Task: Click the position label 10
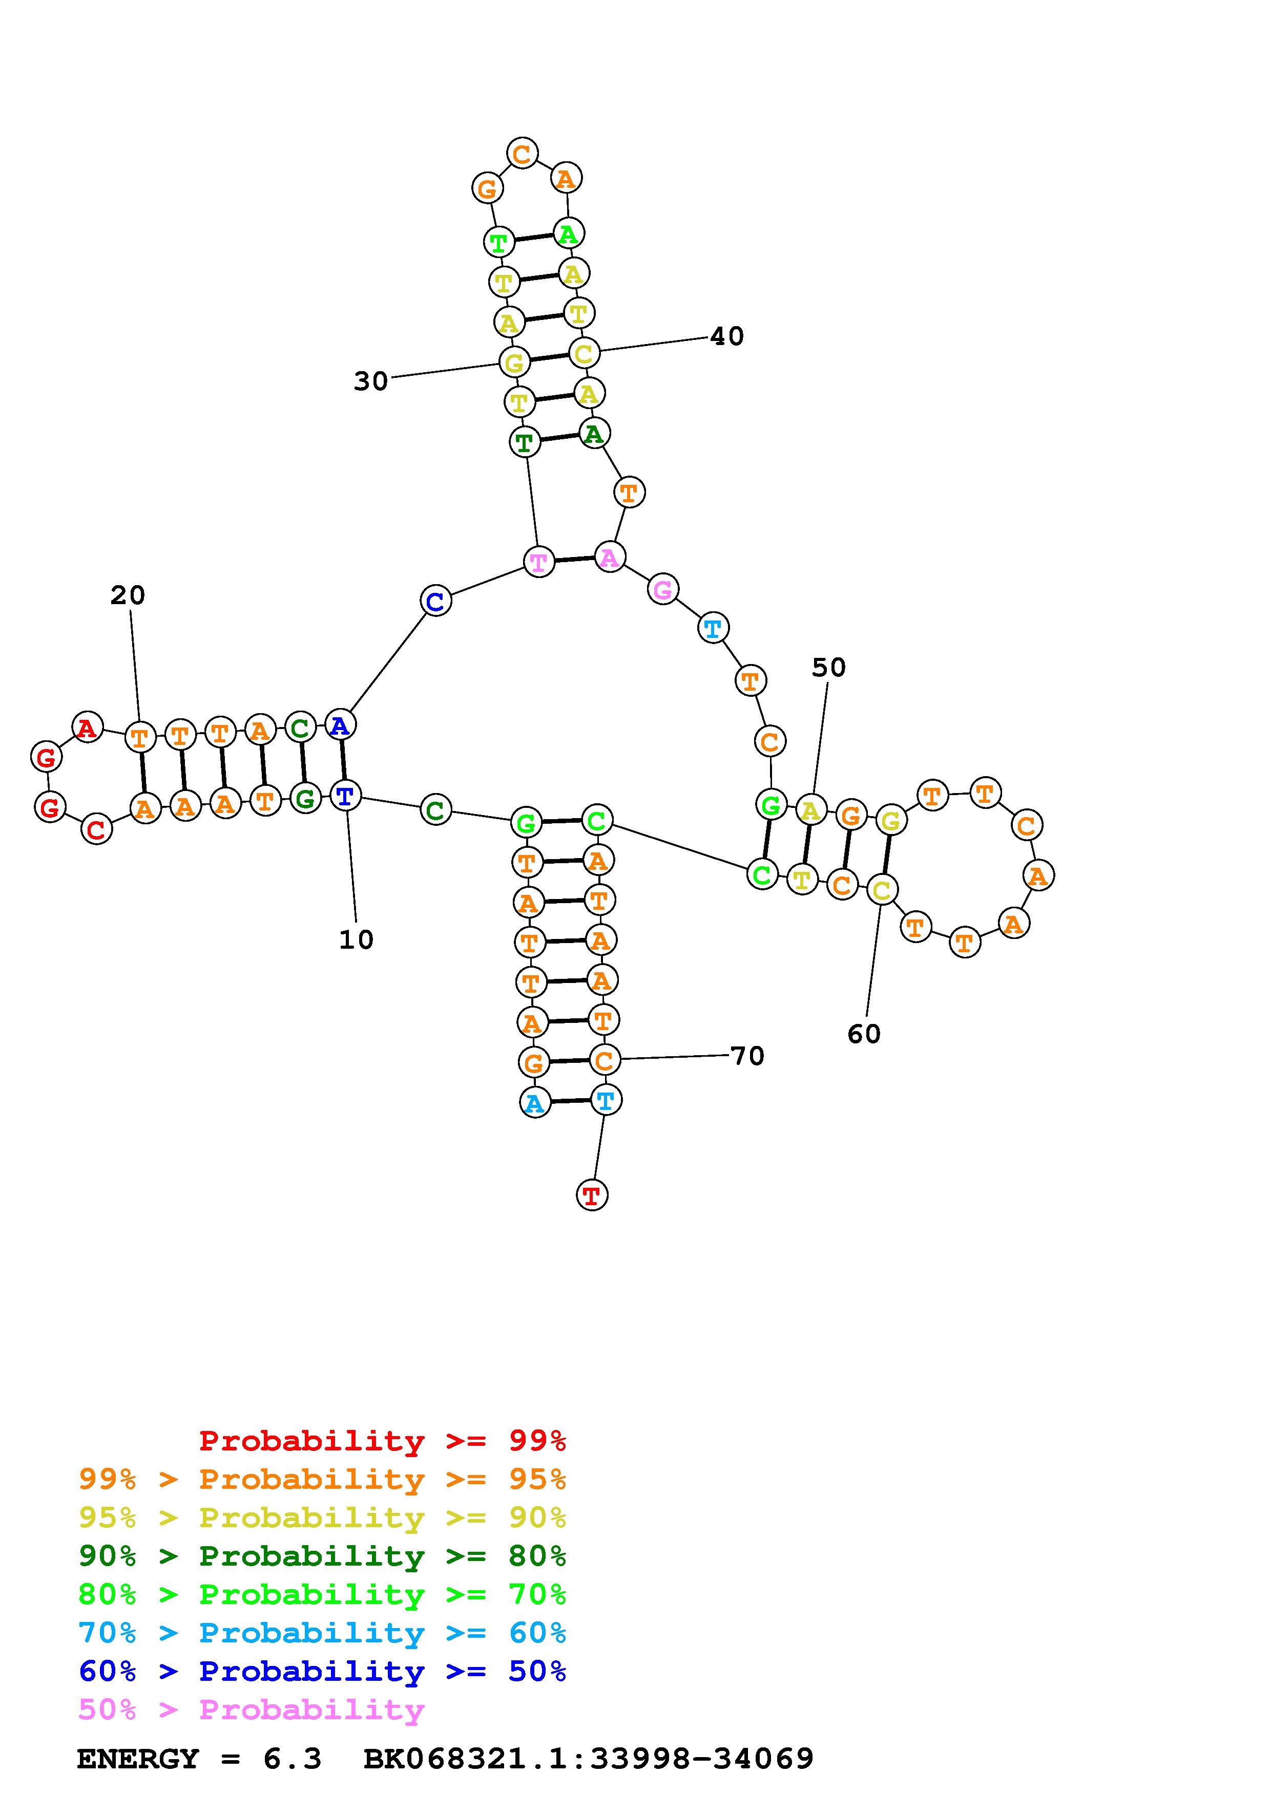point(356,939)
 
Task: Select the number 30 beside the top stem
point(371,382)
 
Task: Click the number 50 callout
point(829,668)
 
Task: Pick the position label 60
point(864,1034)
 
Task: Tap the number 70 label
point(747,1056)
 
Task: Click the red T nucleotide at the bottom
point(592,1195)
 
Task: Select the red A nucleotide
point(87,728)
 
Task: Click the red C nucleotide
point(96,829)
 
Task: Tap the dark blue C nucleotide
point(436,601)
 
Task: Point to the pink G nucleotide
point(663,589)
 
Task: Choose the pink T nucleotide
point(538,562)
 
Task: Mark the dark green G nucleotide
point(305,799)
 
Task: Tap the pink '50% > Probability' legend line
point(251,1709)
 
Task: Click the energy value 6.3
point(292,1759)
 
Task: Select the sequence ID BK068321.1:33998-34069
point(589,1759)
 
